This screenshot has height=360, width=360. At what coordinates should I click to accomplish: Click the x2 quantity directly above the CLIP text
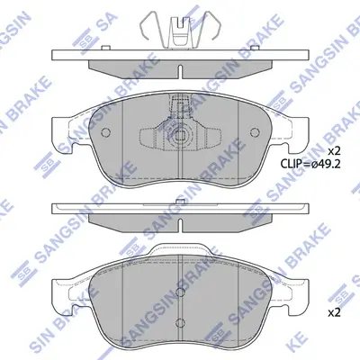pyautogui.click(x=332, y=149)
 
